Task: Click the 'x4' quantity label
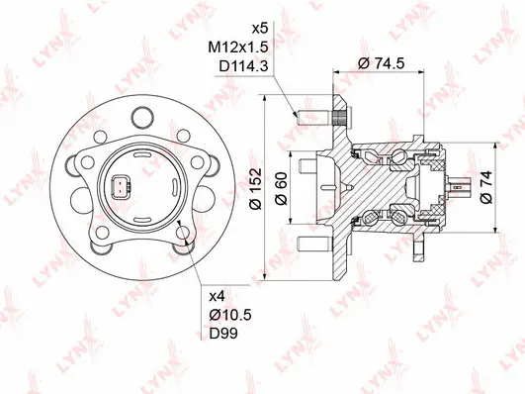point(219,295)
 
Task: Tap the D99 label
point(224,335)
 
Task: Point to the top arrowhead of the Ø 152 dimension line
point(265,99)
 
